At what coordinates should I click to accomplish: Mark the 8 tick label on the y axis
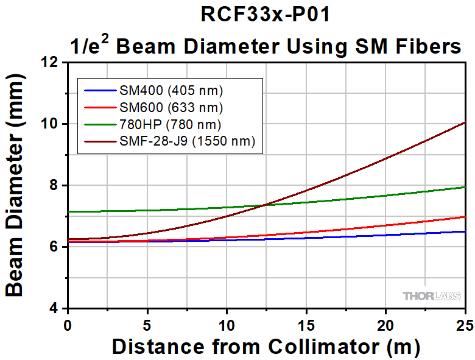[x=57, y=185]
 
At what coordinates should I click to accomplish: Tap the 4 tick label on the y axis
[x=57, y=308]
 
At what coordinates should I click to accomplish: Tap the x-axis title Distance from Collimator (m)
[x=266, y=347]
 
